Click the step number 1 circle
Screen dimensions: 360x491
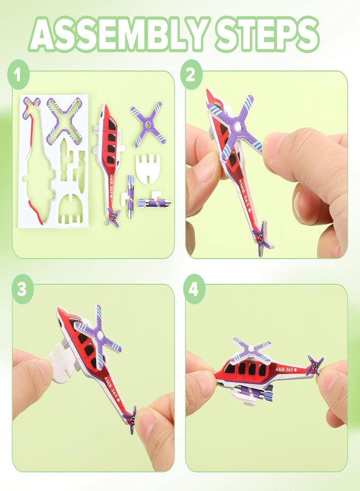click(x=18, y=75)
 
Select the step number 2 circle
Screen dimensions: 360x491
click(x=191, y=75)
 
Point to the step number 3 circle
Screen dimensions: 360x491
click(x=22, y=289)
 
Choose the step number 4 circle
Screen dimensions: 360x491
click(x=194, y=289)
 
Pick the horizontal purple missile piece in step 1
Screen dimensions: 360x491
click(x=155, y=203)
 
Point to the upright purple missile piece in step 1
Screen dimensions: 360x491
click(x=131, y=195)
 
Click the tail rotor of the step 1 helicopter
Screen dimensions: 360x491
click(x=113, y=218)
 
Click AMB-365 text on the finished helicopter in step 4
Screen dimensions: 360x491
click(x=286, y=369)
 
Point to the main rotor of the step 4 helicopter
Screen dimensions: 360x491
click(x=252, y=348)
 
